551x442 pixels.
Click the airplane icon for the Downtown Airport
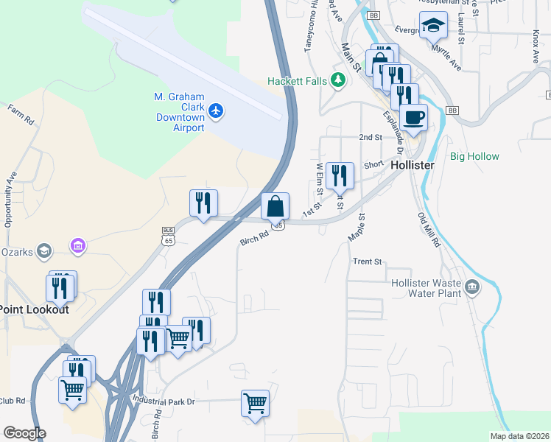point(215,110)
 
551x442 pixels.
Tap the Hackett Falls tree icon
point(338,80)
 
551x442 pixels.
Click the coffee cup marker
point(413,117)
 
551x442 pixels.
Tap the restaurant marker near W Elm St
point(340,176)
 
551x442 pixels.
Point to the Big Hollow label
point(474,157)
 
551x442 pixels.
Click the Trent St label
point(368,262)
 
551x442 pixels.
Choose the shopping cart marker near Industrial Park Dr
point(255,404)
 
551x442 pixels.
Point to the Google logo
point(24,433)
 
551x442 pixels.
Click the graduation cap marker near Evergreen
point(432,26)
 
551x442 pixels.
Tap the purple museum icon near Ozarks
point(77,245)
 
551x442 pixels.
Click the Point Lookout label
point(34,309)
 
